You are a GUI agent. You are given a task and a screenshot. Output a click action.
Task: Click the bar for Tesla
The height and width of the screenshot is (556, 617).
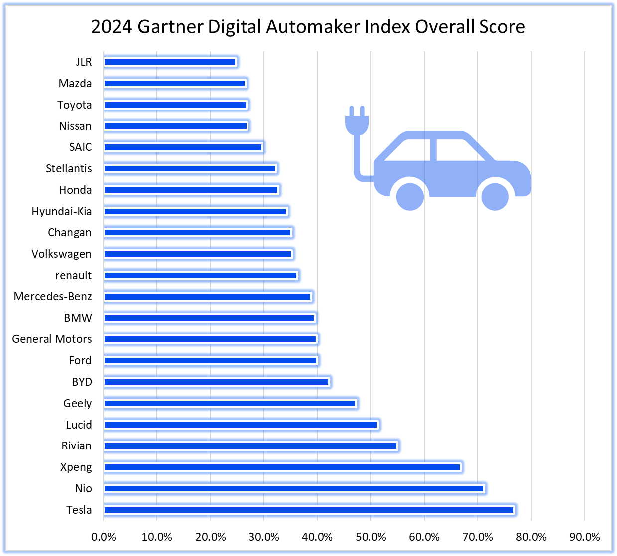[309, 510]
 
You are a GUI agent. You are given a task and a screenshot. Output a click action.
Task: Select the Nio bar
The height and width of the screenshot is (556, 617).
[294, 488]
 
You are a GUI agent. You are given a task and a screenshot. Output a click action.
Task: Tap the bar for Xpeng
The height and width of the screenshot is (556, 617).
[282, 467]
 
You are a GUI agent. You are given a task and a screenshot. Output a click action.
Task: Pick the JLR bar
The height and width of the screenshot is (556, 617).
[170, 62]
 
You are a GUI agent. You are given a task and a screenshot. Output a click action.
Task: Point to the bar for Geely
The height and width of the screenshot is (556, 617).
[230, 403]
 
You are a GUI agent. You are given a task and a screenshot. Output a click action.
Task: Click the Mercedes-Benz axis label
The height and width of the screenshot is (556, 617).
[53, 297]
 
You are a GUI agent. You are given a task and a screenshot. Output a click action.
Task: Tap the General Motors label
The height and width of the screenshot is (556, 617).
[52, 339]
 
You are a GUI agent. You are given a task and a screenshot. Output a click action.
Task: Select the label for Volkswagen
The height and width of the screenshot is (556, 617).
[61, 254]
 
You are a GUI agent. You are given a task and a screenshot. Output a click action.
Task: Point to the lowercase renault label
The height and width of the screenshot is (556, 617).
[73, 275]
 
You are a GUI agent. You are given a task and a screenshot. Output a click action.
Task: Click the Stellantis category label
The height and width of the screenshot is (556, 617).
[69, 168]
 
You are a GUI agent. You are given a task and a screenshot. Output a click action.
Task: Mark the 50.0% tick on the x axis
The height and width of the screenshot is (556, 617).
[371, 537]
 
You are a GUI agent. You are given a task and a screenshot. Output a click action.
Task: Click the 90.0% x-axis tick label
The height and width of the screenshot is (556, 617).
[585, 537]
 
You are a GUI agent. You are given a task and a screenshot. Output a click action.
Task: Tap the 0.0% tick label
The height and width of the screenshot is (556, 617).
[104, 537]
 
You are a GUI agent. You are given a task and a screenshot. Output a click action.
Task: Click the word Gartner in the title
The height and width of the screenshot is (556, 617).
[170, 26]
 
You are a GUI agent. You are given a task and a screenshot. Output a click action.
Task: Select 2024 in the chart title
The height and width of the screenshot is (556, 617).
[112, 26]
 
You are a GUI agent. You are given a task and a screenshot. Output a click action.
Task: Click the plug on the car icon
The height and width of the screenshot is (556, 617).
[357, 122]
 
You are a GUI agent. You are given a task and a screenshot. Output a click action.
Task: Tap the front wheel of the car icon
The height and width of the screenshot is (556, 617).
[494, 196]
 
